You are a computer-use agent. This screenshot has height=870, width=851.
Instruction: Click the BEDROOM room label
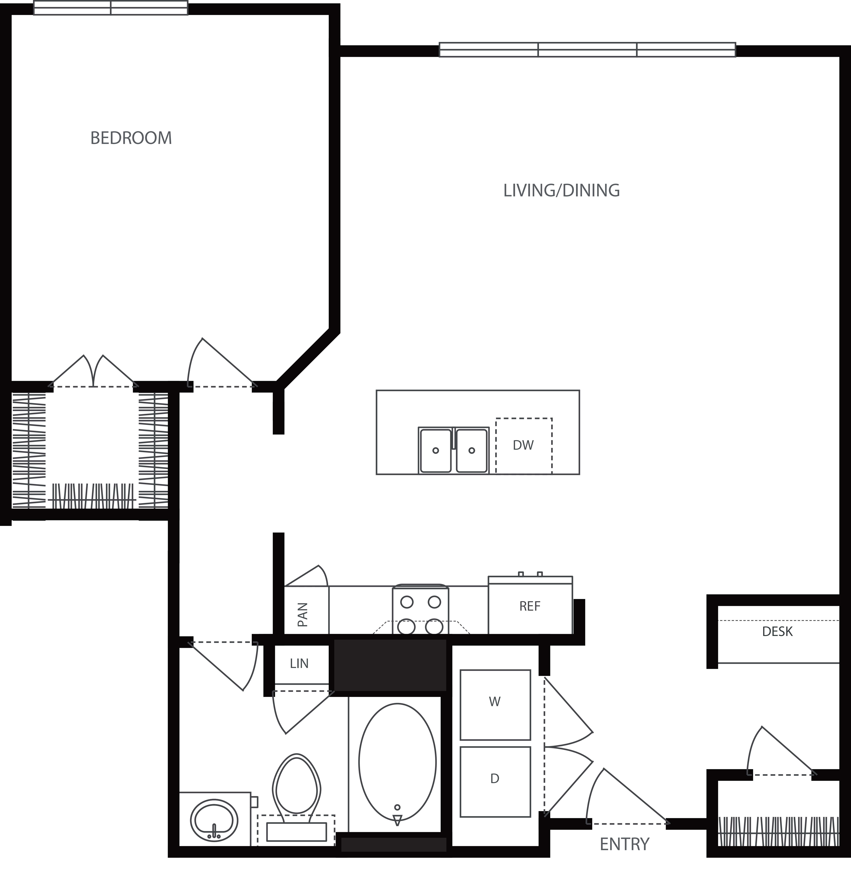(x=131, y=138)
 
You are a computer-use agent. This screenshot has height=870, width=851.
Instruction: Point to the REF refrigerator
(x=530, y=606)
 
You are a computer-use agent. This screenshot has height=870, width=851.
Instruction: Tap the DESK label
(x=777, y=632)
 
